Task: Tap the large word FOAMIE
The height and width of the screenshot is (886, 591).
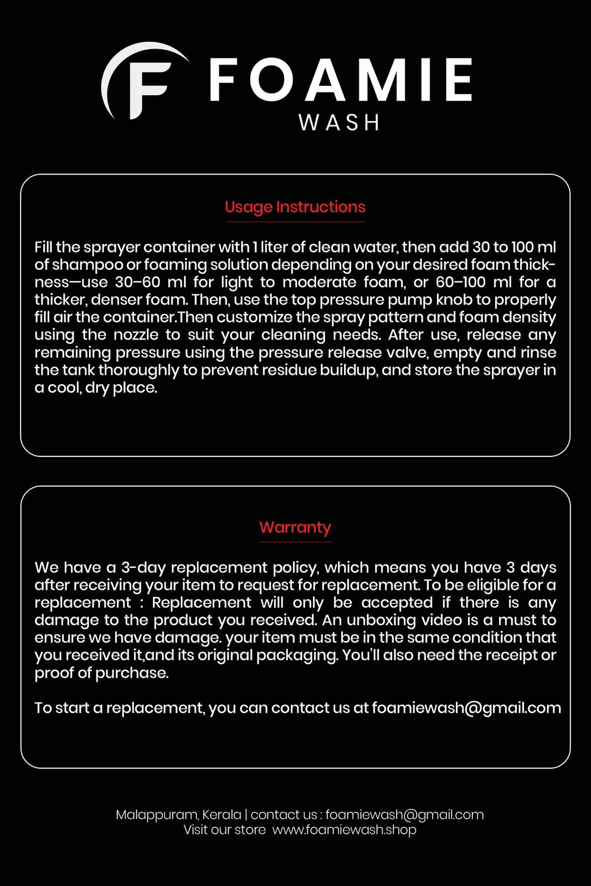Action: [340, 81]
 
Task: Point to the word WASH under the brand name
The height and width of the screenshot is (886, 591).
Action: [339, 122]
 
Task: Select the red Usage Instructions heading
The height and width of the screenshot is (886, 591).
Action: [295, 207]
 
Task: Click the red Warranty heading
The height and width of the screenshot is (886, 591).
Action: [295, 527]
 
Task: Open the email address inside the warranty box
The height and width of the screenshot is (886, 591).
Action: [466, 708]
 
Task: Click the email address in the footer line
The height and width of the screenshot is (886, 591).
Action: [404, 815]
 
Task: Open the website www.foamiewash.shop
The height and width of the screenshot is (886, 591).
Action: [344, 830]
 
